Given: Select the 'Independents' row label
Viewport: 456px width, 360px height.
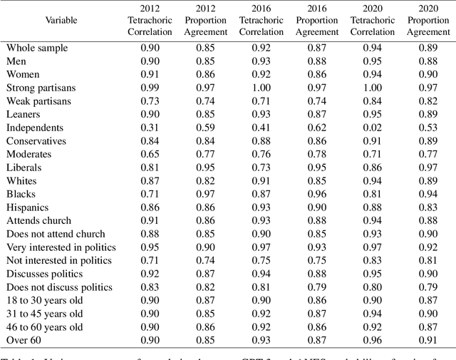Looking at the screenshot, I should tap(35, 128).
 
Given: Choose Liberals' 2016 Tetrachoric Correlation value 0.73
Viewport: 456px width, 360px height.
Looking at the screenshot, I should tap(261, 168).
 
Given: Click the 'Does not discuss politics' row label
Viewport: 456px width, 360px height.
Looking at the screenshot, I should tap(59, 287).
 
